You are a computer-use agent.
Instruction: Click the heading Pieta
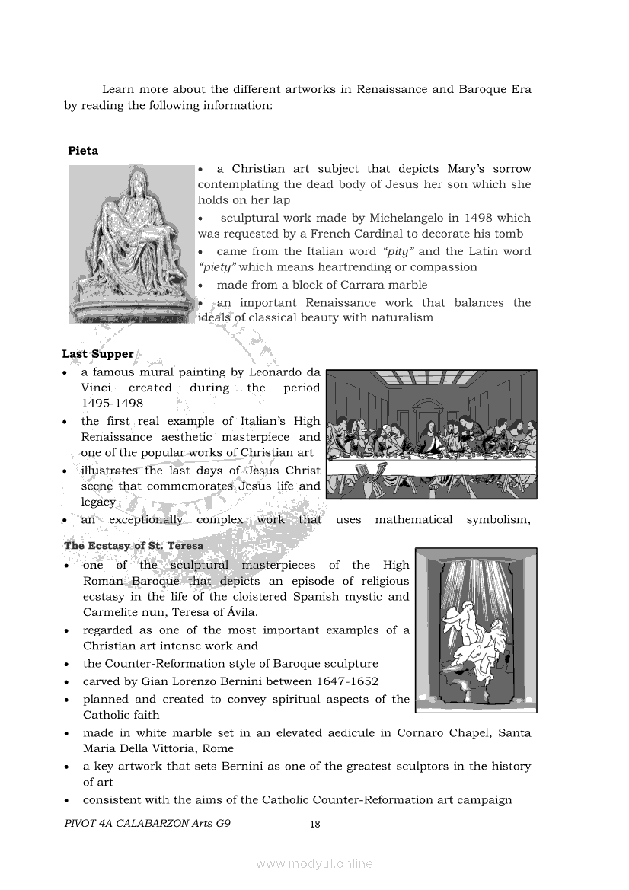[x=83, y=151]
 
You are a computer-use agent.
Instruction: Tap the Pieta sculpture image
[x=132, y=244]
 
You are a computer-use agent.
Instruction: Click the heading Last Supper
[x=97, y=354]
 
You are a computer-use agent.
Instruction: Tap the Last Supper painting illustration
[x=431, y=434]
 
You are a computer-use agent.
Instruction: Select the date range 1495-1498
[x=112, y=404]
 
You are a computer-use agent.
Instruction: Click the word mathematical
[x=413, y=519]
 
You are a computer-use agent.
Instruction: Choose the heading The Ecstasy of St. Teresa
[x=133, y=546]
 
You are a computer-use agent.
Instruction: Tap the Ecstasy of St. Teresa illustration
[x=476, y=630]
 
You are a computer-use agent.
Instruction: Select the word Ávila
[x=284, y=612]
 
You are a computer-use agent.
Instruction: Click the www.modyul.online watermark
[x=314, y=863]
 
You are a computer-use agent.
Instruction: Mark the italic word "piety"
[x=217, y=267]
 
